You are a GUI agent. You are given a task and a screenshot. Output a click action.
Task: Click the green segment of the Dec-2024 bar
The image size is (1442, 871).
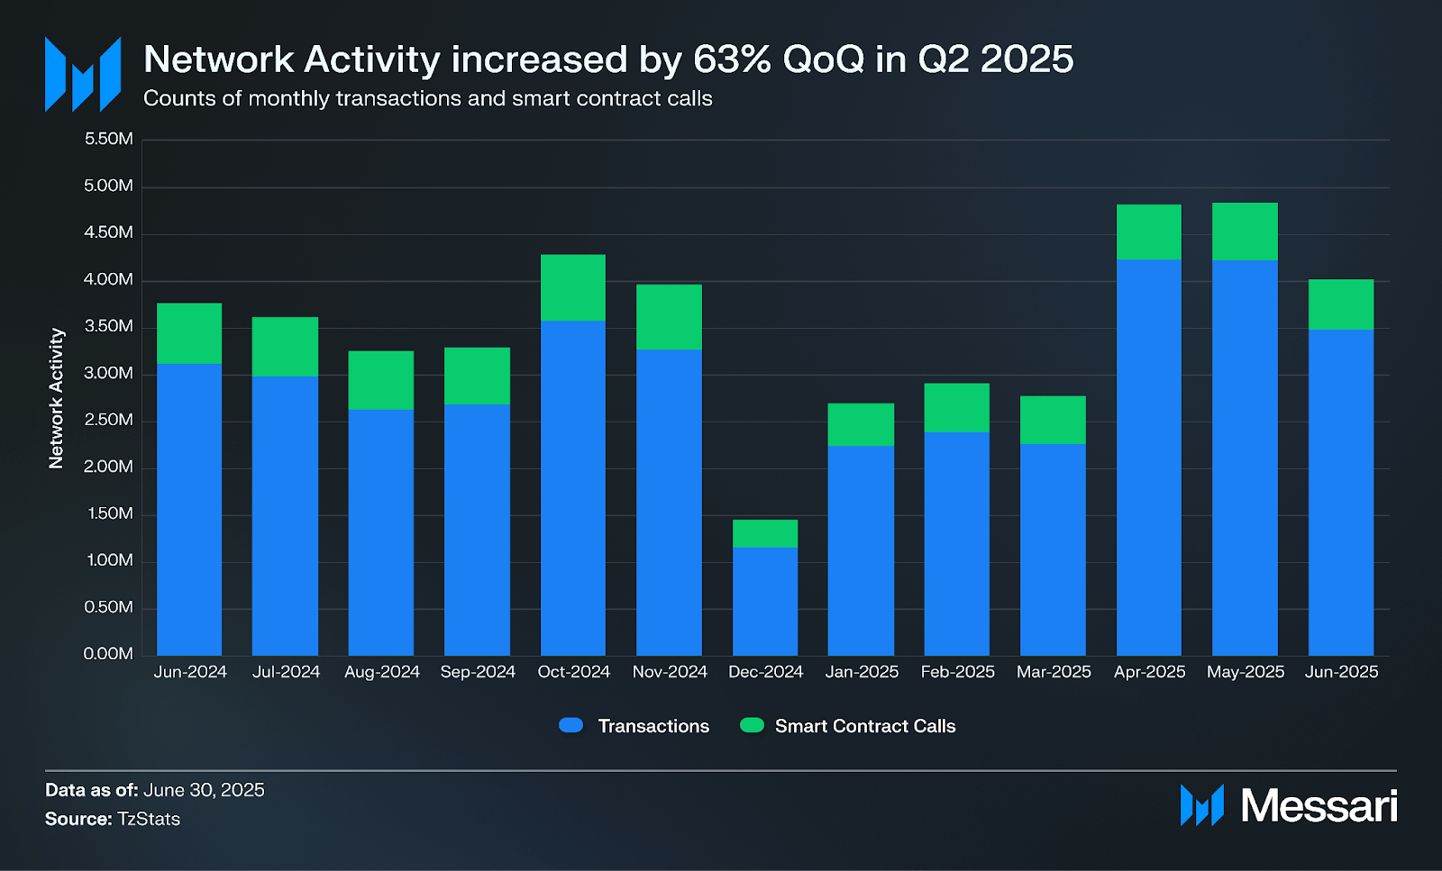pyautogui.click(x=765, y=533)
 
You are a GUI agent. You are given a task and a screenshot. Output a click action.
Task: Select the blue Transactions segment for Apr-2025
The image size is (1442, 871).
pyautogui.click(x=1149, y=458)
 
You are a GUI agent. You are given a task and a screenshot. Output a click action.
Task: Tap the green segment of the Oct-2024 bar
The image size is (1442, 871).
pyautogui.click(x=573, y=287)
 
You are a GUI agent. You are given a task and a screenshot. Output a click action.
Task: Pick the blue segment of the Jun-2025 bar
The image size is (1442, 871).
pyautogui.click(x=1341, y=492)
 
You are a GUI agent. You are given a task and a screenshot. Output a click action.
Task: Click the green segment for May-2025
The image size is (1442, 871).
pyautogui.click(x=1245, y=231)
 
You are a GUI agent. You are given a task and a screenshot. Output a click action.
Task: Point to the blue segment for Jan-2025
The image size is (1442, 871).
pyautogui.click(x=861, y=550)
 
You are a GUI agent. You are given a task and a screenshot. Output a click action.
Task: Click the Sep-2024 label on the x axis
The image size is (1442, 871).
pyautogui.click(x=478, y=672)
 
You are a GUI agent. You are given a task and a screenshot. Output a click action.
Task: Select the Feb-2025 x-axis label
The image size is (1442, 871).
pyautogui.click(x=957, y=672)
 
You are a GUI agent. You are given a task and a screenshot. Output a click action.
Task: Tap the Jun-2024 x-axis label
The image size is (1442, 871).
pyautogui.click(x=190, y=672)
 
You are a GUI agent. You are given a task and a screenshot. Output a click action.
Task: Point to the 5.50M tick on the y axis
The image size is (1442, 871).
pyautogui.click(x=108, y=139)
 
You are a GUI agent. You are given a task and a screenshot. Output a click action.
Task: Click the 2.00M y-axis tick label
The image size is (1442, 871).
pyautogui.click(x=108, y=467)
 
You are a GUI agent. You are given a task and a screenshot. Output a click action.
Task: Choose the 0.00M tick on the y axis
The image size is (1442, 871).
pyautogui.click(x=108, y=654)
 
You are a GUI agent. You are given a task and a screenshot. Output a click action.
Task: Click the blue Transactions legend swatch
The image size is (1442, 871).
pyautogui.click(x=571, y=725)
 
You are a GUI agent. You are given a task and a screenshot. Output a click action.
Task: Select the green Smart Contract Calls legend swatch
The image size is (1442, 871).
pyautogui.click(x=752, y=725)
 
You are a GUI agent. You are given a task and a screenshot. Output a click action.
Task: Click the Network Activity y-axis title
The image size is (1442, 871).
pyautogui.click(x=56, y=398)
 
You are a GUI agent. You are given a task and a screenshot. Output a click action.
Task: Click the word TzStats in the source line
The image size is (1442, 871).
pyautogui.click(x=149, y=819)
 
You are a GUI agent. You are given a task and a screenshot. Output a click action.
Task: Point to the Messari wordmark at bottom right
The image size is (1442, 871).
pyautogui.click(x=1319, y=805)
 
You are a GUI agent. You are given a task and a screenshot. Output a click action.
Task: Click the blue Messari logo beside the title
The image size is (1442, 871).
pyautogui.click(x=83, y=75)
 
